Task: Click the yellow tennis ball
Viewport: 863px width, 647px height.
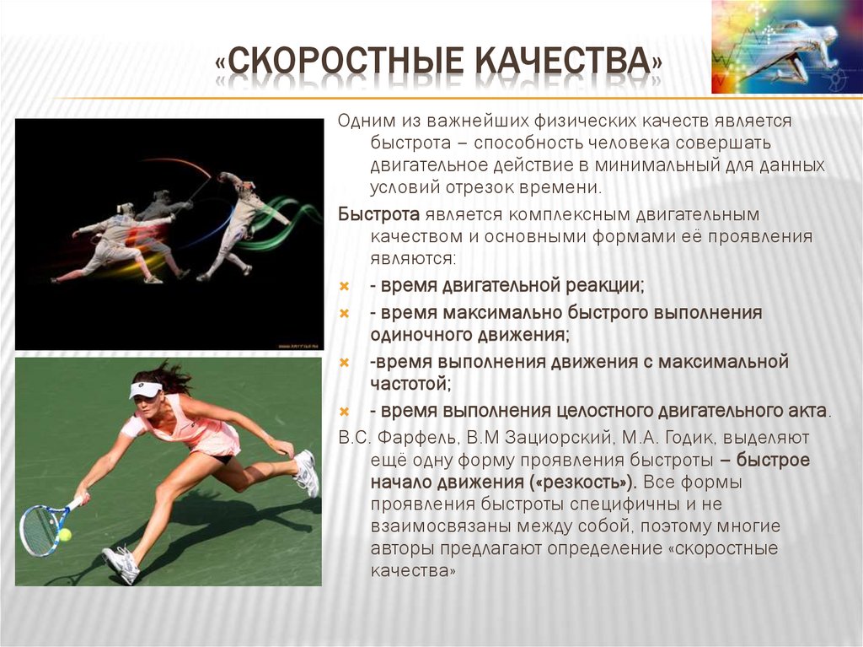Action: (65, 534)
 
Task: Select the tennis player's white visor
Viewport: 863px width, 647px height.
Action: (145, 389)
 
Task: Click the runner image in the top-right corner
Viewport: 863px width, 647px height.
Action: (786, 46)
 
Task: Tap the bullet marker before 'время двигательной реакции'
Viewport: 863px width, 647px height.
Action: (345, 286)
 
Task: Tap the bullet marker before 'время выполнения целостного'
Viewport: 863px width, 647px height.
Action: (345, 412)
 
